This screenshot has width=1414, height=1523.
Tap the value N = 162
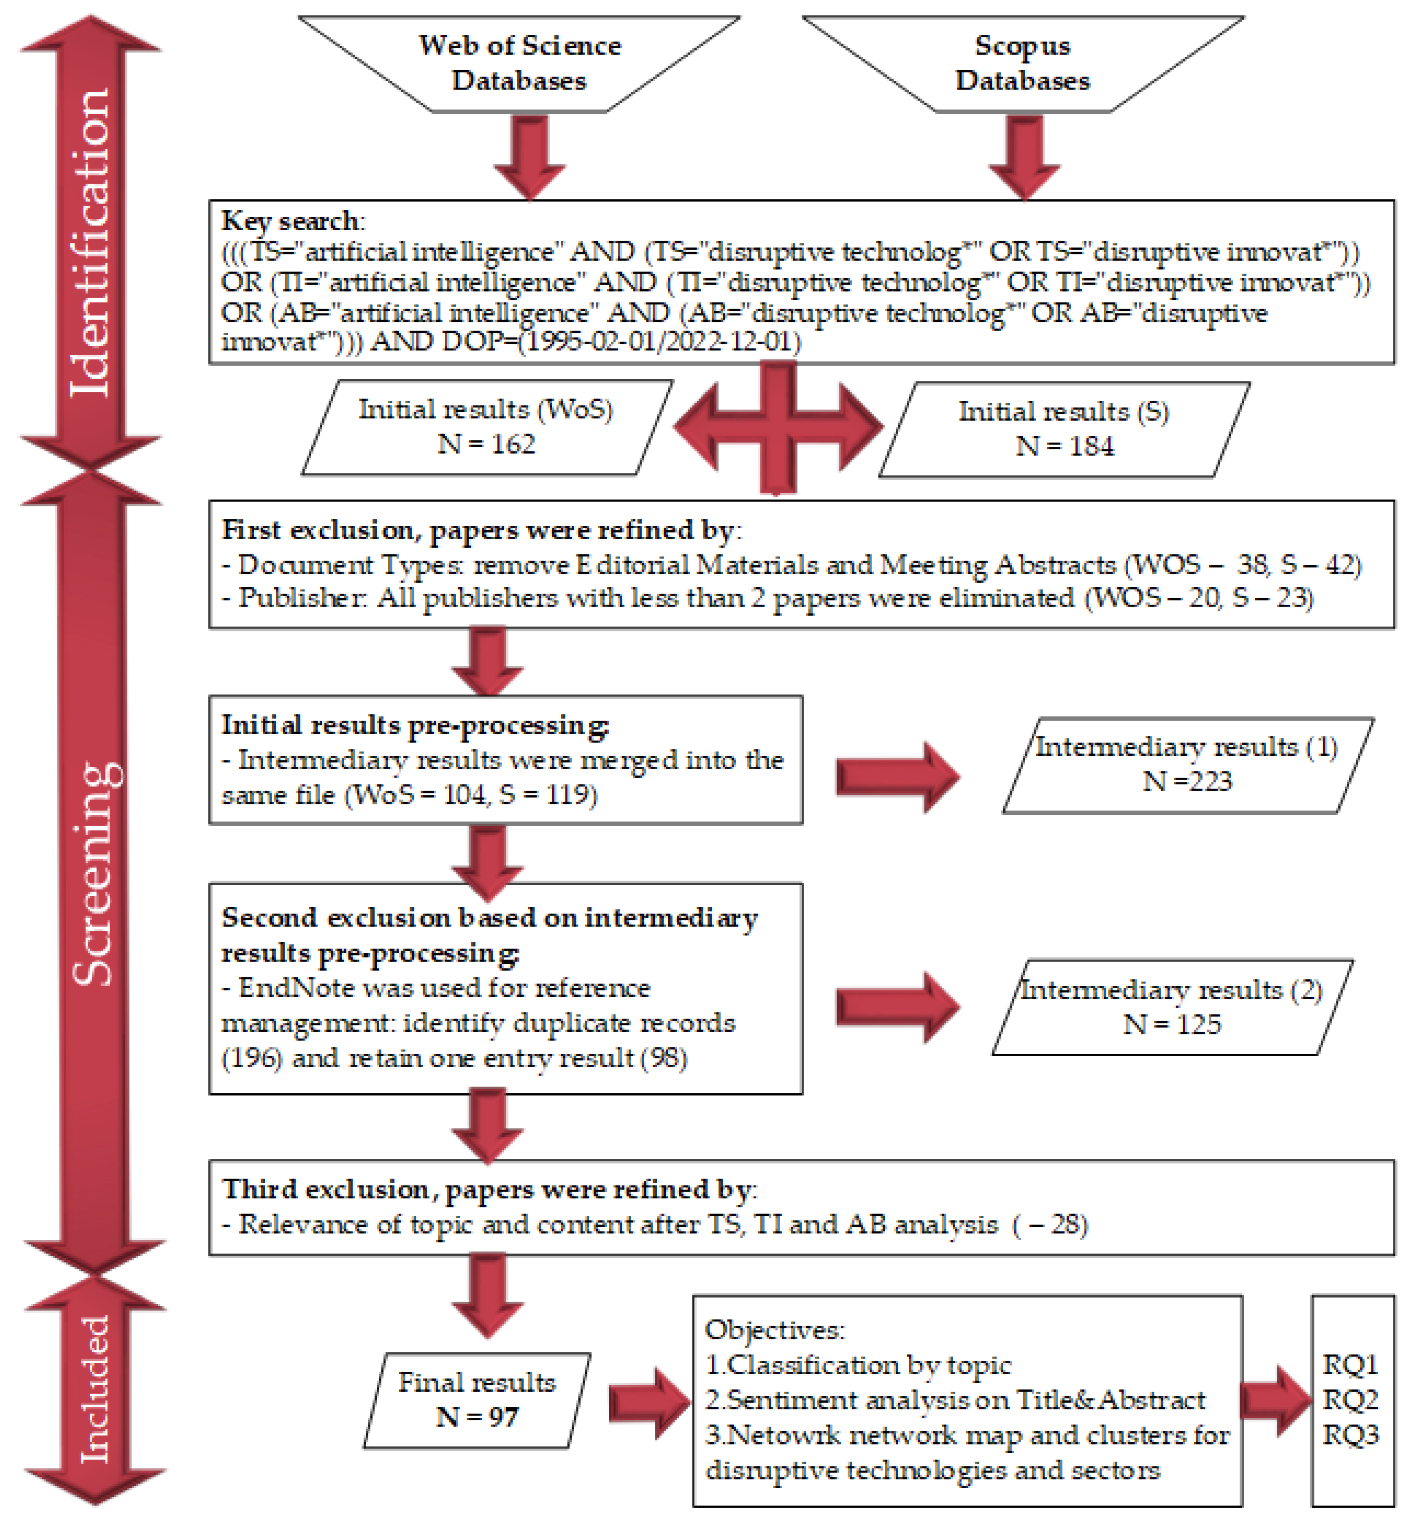pos(486,444)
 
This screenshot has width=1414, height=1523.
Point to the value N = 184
pos(1064,446)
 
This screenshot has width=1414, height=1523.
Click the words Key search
pos(291,221)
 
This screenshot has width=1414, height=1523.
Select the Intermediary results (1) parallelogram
pos(1188,764)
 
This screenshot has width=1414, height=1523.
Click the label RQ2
pos(1351,1400)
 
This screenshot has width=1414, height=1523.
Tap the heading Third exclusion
pos(325,1189)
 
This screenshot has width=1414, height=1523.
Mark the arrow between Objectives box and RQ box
pos(1275,1400)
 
